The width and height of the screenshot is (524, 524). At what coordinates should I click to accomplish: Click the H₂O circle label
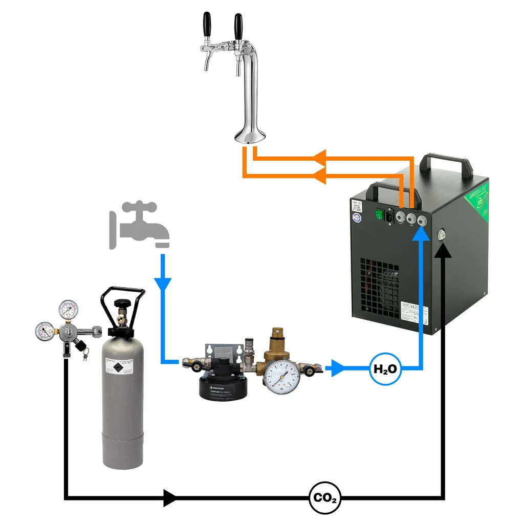tap(385, 368)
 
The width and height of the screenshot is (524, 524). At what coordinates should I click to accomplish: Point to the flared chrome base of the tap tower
tap(250, 136)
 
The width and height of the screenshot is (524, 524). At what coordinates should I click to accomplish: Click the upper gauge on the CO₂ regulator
tap(69, 309)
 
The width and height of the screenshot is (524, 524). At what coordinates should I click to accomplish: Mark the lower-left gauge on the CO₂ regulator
tap(46, 331)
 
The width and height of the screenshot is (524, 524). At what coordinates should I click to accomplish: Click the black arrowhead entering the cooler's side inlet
tap(443, 249)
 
